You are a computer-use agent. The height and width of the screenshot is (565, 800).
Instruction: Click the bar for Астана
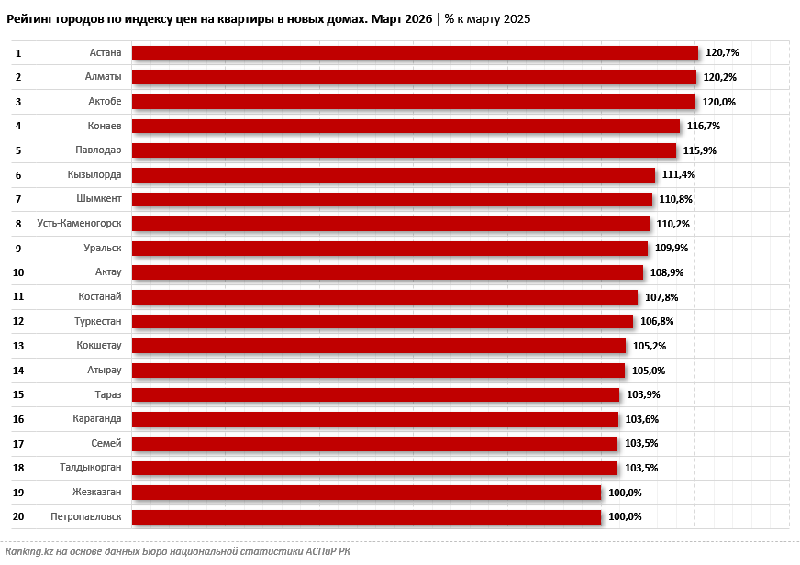point(415,53)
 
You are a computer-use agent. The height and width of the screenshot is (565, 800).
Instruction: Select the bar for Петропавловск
point(366,516)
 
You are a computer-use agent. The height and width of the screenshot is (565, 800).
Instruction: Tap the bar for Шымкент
point(392,199)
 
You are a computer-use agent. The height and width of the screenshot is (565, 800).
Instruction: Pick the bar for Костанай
point(384,297)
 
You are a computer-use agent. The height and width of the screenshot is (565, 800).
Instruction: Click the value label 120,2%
point(720,77)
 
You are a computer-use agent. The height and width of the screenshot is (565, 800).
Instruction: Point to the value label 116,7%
point(704,126)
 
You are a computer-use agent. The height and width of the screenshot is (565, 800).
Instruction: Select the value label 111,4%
point(679,175)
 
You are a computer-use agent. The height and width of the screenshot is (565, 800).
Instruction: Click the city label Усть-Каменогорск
point(79,224)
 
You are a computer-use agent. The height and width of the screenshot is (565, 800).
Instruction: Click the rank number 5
point(18,150)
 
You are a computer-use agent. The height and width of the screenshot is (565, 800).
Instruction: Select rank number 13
point(18,346)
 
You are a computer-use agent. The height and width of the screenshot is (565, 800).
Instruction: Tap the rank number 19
point(18,493)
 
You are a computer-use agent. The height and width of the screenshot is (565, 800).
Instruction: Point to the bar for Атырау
point(378,371)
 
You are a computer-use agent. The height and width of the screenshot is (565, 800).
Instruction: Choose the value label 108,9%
point(667,272)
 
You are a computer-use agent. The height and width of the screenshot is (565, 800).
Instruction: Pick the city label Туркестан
point(98,321)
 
